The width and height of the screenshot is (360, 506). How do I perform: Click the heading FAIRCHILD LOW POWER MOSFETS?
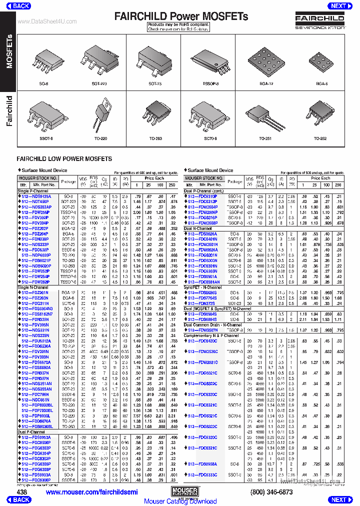point(64,158)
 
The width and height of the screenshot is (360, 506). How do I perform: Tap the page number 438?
point(22,492)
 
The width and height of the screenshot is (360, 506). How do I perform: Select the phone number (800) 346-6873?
point(272,492)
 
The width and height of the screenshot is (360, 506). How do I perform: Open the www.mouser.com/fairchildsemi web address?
point(91,492)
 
